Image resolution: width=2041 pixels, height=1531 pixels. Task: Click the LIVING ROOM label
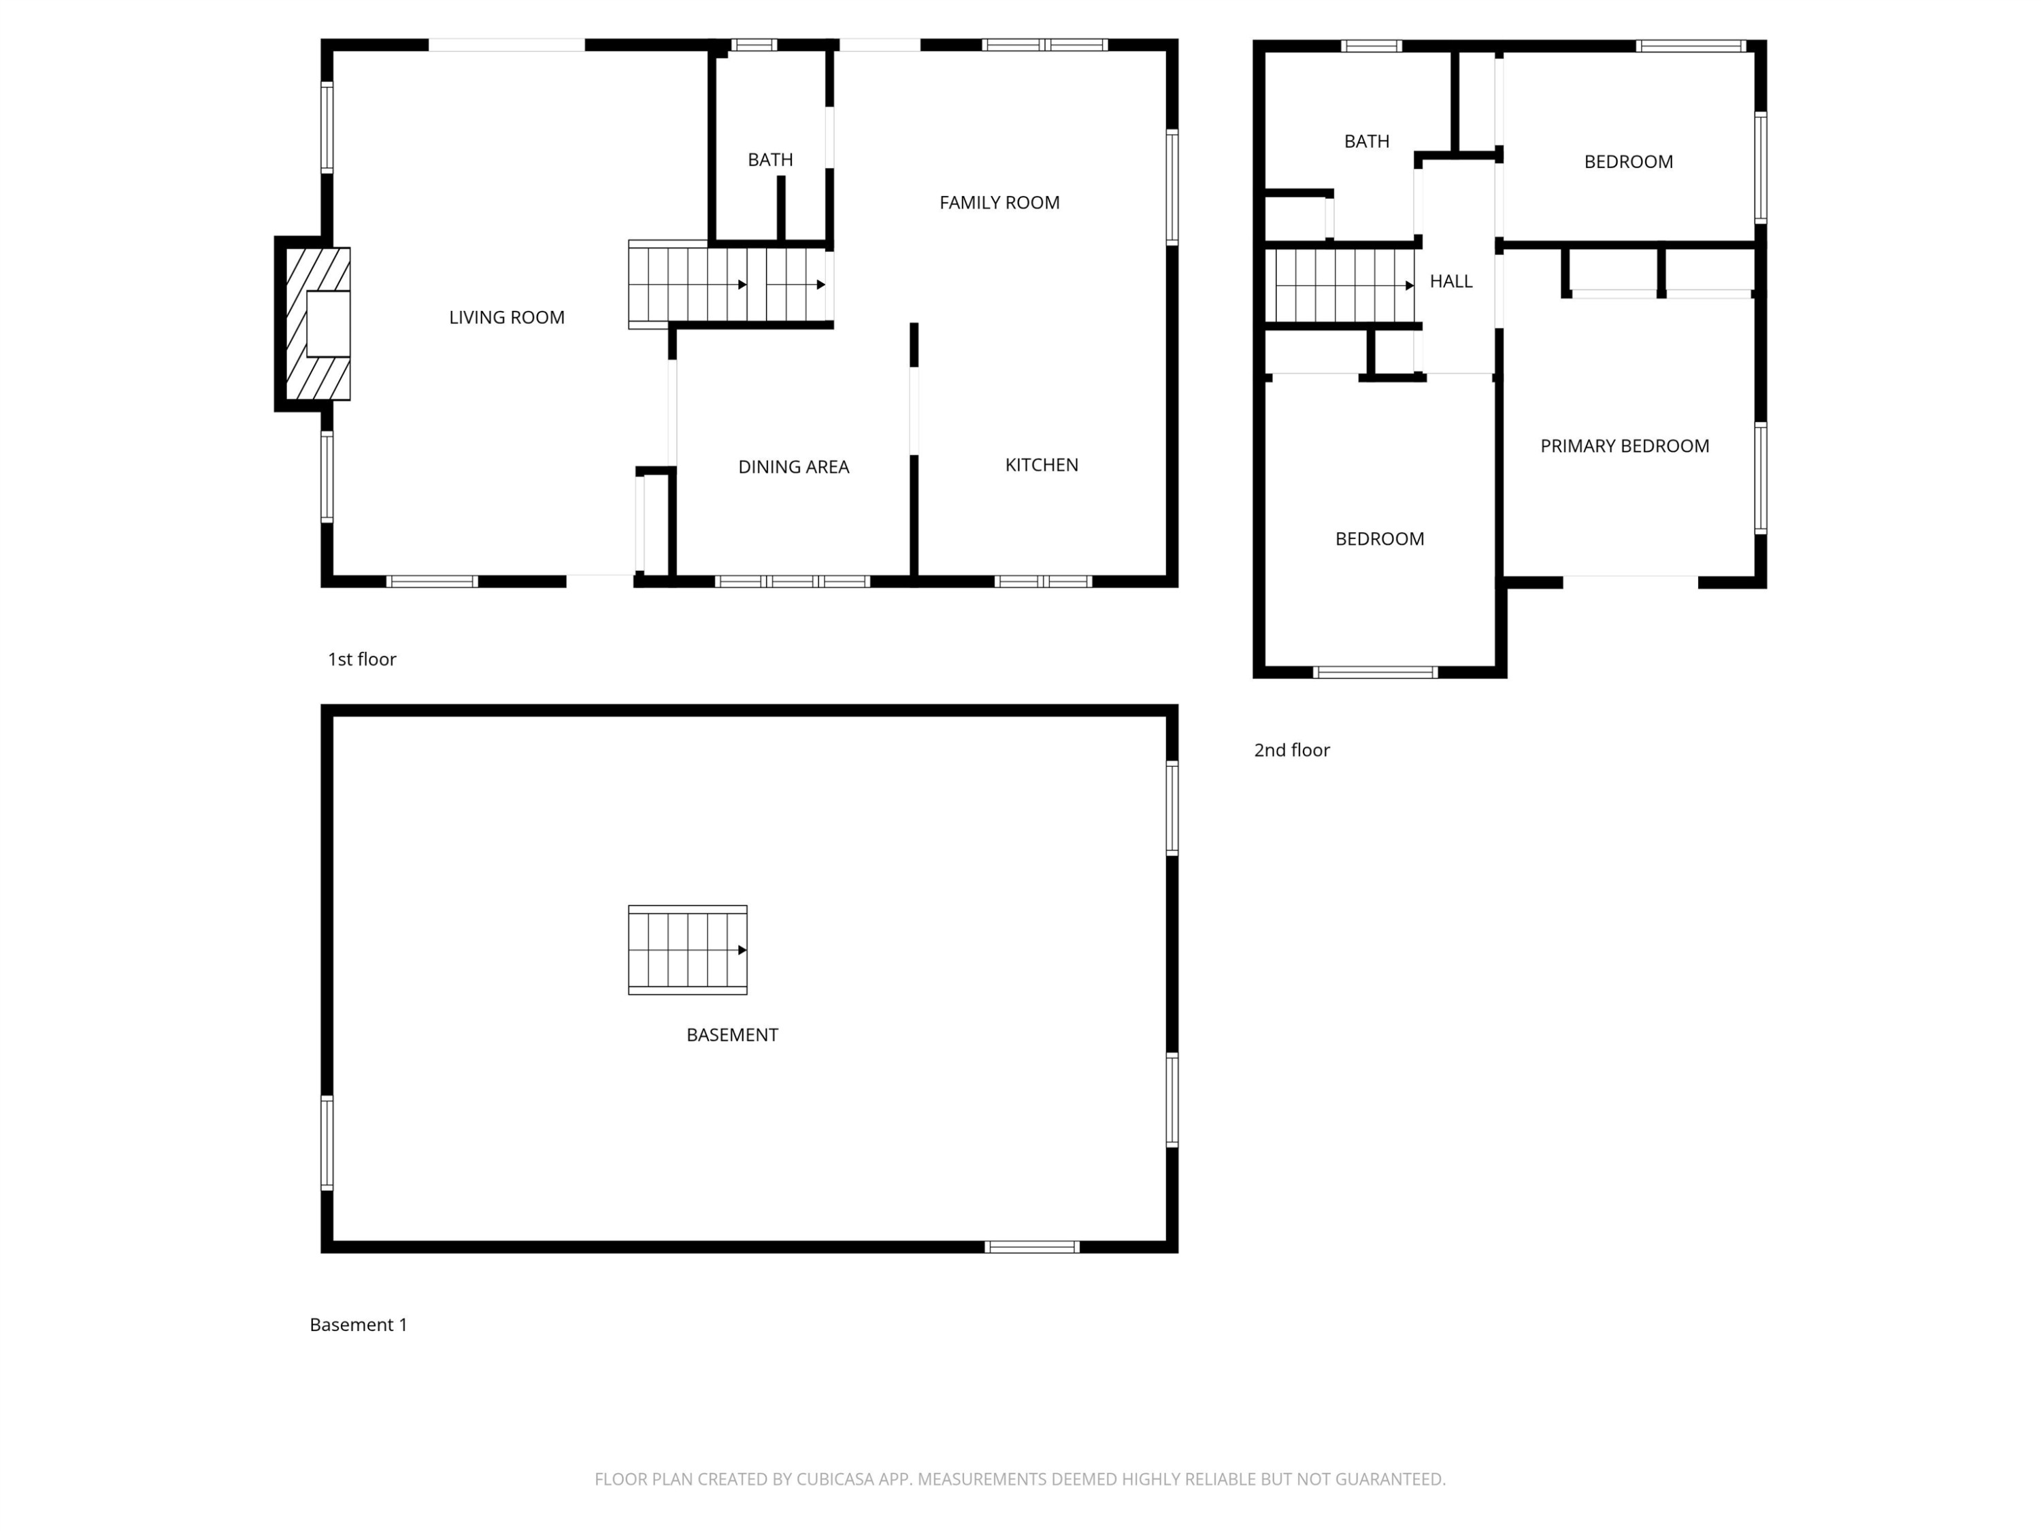click(507, 318)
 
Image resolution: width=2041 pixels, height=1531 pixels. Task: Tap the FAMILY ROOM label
click(999, 203)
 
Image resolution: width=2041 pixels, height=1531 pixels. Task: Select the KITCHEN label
click(1042, 465)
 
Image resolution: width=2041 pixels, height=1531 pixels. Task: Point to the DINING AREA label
click(793, 467)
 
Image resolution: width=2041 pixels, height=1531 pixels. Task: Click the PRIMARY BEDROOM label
click(1625, 446)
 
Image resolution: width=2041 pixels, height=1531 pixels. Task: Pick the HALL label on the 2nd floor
click(1451, 282)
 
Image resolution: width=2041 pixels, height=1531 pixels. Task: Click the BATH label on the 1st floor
click(770, 160)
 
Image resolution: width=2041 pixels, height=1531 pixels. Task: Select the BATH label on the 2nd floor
click(1367, 142)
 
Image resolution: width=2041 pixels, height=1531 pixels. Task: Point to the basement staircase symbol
click(687, 950)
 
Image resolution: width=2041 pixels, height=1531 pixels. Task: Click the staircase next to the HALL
click(1341, 286)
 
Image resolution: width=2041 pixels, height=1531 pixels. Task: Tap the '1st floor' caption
click(362, 659)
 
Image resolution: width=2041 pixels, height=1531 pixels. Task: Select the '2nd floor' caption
click(1292, 751)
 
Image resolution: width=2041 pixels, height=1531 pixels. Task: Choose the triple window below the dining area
click(793, 581)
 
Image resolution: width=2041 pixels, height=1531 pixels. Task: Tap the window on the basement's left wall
click(327, 1142)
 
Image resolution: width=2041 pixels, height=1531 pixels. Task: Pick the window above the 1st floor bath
click(754, 44)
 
